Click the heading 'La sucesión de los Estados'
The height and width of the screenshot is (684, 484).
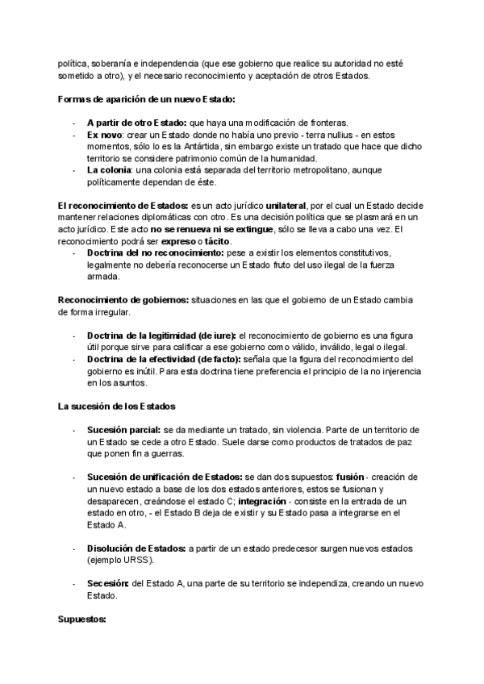click(x=117, y=405)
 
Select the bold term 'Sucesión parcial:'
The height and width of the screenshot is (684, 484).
click(x=123, y=430)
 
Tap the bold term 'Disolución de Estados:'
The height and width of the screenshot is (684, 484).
click(x=136, y=548)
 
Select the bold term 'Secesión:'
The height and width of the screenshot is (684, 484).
click(x=106, y=584)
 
